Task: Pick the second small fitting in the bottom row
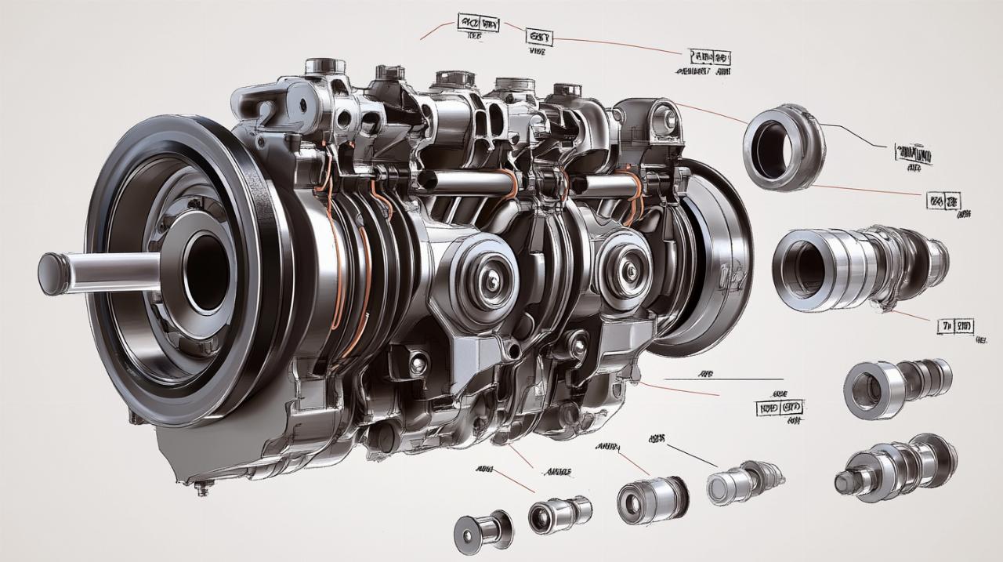[558, 515]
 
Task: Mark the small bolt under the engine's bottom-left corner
[203, 489]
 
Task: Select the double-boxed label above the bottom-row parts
[780, 408]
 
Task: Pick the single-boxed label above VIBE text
[539, 36]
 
